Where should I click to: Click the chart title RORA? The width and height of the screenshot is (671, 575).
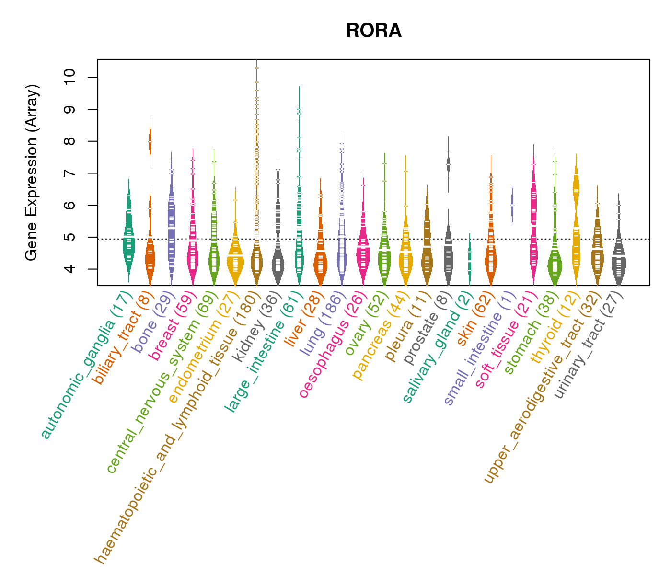click(x=373, y=31)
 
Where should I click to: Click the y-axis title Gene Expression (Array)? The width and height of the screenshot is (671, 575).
click(x=32, y=172)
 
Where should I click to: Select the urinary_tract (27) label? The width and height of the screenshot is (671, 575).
click(x=589, y=345)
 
